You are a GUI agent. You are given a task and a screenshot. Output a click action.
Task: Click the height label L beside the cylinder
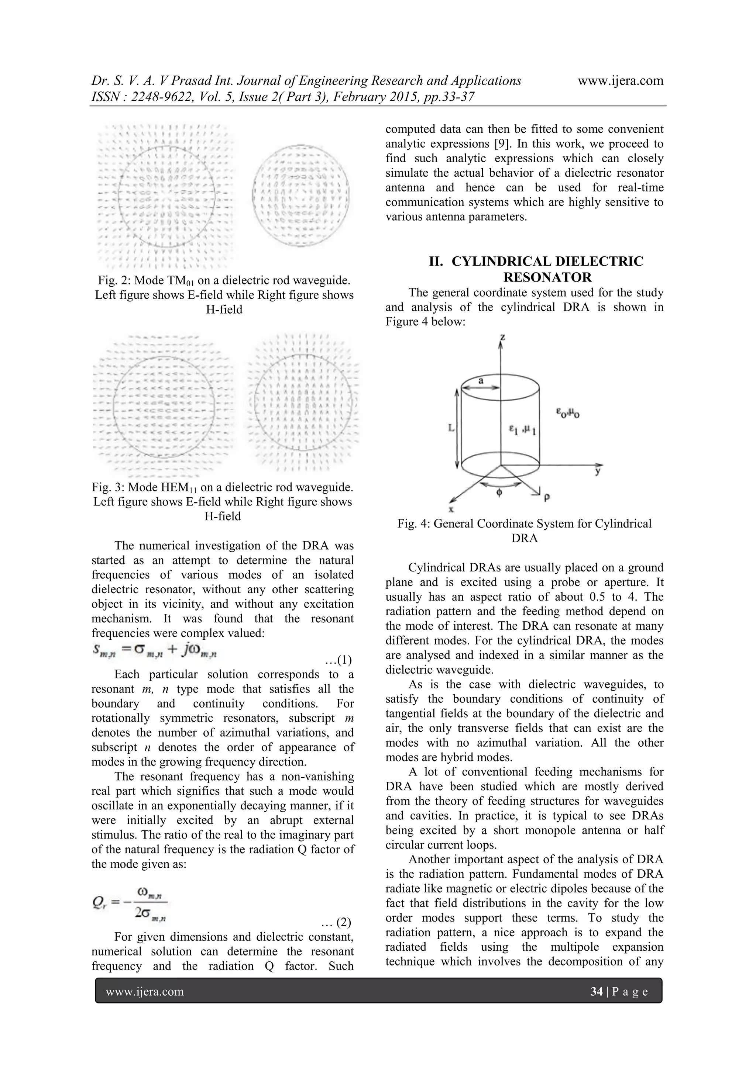(451, 427)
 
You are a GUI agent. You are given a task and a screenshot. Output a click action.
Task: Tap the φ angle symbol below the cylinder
(499, 492)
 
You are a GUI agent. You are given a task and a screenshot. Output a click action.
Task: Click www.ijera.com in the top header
(620, 81)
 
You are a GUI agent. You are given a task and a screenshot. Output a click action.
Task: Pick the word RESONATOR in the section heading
(547, 277)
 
